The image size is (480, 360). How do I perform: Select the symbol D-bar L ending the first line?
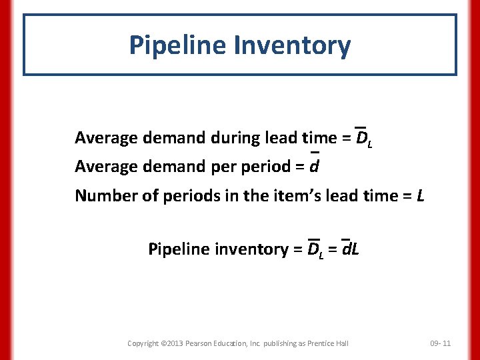(363, 138)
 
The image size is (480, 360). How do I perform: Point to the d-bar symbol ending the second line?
(317, 166)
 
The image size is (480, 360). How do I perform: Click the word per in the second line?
(225, 166)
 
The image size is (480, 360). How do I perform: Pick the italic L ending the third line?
(420, 195)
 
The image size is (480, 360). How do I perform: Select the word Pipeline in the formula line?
(179, 249)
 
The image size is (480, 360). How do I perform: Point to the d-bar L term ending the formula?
(350, 249)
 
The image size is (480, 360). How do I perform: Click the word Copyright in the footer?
(143, 343)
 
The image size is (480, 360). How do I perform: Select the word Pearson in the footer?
(201, 343)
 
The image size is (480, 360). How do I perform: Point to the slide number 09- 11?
(440, 343)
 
